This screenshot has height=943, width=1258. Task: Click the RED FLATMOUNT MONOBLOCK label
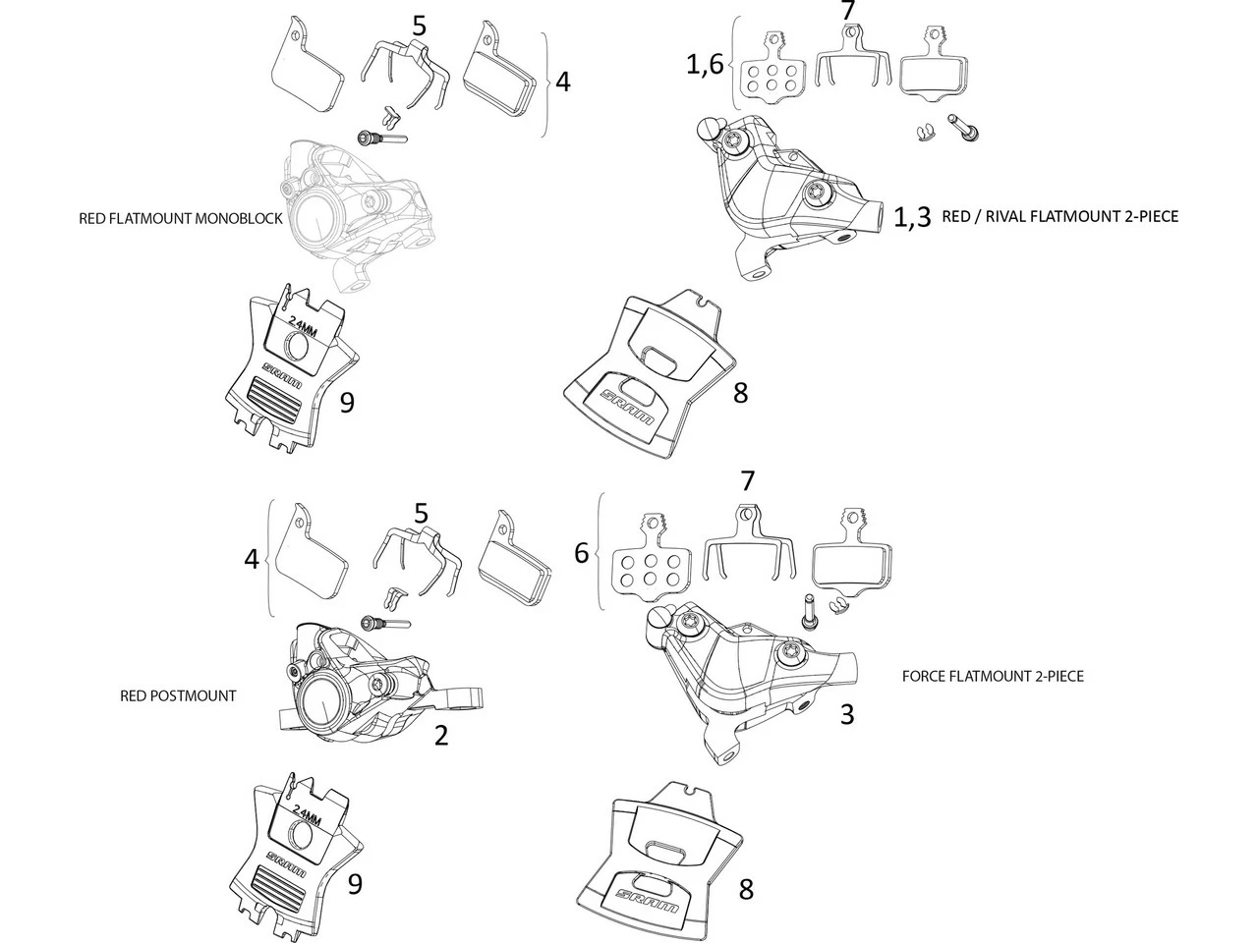coord(180,219)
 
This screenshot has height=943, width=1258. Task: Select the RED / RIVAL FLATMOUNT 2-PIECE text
coord(1059,216)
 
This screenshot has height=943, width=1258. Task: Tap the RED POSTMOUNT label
coord(178,695)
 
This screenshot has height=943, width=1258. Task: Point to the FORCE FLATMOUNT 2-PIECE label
coord(993,676)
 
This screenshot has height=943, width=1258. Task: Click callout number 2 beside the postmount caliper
coord(441,735)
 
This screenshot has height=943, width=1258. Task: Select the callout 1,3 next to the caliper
coord(911,217)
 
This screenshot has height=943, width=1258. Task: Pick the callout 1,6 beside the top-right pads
coord(704,65)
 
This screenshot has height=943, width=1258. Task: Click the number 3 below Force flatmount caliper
coord(847,714)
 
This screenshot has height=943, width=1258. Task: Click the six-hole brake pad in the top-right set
coord(771,70)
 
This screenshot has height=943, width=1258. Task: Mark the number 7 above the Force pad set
coord(748,481)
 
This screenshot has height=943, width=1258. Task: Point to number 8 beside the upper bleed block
coord(740,393)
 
